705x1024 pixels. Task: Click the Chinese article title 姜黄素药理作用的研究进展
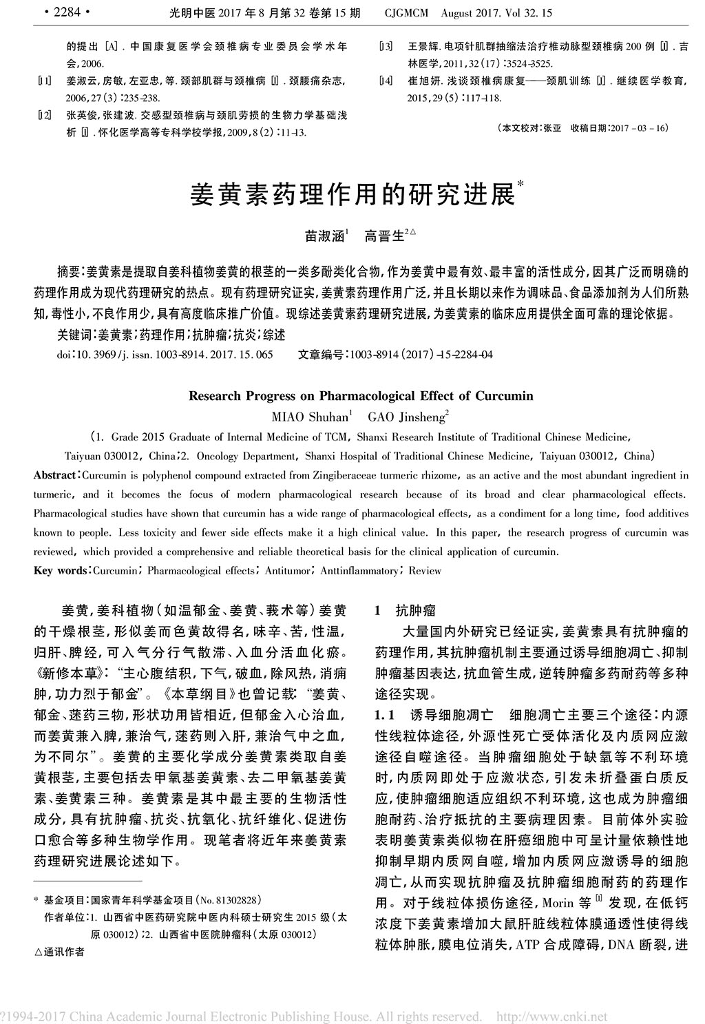(x=352, y=195)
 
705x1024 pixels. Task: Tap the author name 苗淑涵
(x=326, y=236)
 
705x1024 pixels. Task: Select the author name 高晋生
(x=384, y=236)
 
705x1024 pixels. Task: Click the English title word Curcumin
(x=508, y=396)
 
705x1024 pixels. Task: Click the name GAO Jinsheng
(x=406, y=417)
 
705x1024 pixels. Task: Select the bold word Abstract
(x=54, y=476)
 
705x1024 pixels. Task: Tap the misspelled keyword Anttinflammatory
(x=359, y=571)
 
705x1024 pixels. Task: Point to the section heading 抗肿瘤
(x=415, y=611)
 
